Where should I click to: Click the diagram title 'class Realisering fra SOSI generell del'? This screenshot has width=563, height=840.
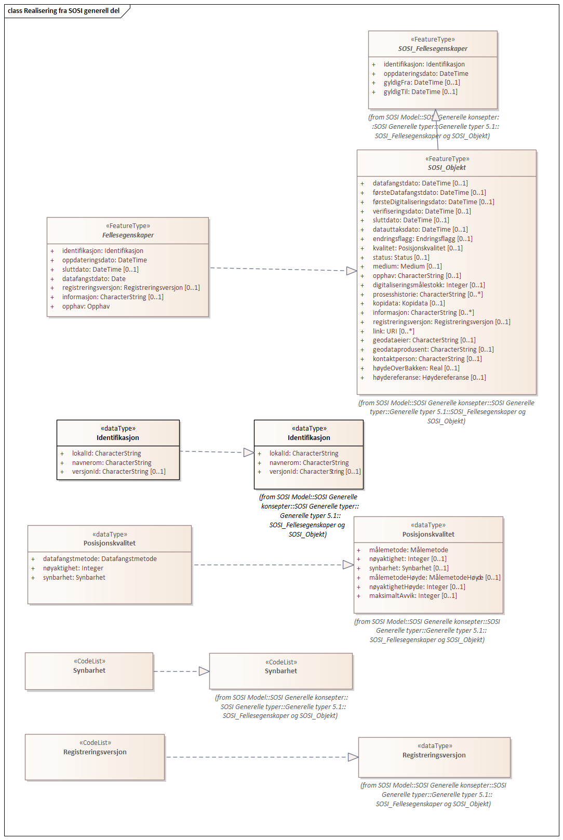[63, 10]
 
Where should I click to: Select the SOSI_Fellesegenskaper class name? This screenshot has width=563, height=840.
[433, 48]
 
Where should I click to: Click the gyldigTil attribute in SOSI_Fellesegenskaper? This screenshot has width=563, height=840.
[420, 92]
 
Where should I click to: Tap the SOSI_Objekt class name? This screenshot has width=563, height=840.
[447, 168]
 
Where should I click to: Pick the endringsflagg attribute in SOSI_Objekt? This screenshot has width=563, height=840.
[422, 239]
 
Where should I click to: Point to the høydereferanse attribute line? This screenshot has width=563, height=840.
[429, 378]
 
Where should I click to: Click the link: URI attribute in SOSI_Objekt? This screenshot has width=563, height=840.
[393, 331]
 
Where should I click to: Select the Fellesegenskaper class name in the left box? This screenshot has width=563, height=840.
[128, 235]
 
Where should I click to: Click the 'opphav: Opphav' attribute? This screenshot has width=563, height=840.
[86, 306]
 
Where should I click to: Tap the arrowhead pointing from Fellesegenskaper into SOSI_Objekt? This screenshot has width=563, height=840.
[352, 271]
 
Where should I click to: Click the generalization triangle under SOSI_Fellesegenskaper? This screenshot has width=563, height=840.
[436, 115]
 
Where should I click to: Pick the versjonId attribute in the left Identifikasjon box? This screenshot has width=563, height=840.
[118, 472]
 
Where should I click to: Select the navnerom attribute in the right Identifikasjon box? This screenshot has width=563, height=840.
[309, 463]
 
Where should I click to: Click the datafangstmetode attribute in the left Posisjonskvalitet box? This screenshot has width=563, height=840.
[100, 559]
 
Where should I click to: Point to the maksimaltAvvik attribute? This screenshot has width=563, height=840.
[413, 596]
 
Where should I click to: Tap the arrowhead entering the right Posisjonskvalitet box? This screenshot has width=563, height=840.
[348, 565]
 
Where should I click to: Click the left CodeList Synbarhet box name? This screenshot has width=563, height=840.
[89, 671]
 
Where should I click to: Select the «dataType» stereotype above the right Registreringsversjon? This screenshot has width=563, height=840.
[434, 746]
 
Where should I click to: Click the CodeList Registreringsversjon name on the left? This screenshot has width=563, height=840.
[95, 752]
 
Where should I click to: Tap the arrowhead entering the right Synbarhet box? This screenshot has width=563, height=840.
[204, 671]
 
